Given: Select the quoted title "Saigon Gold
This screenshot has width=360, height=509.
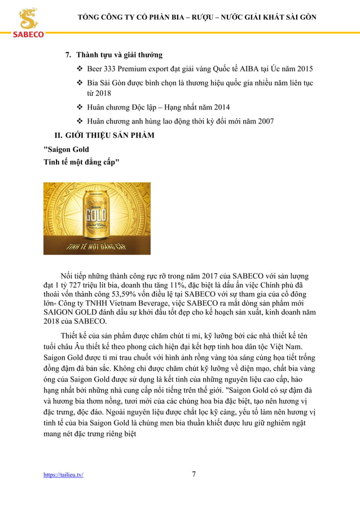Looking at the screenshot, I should click(67, 150).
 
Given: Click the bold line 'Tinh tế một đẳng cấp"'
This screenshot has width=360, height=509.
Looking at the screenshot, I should click(81, 162).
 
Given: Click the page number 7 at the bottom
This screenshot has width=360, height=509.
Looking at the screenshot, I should click(194, 474).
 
